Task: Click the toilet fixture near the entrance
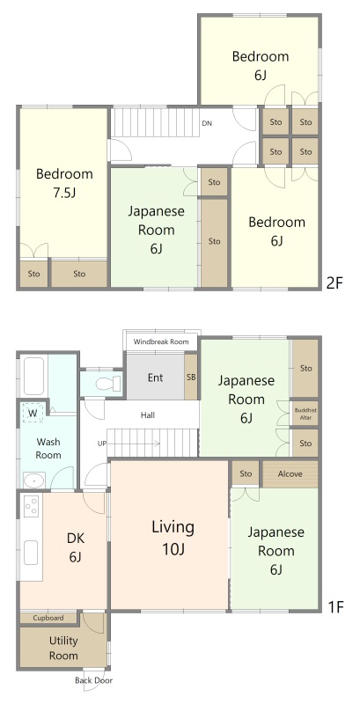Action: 108,384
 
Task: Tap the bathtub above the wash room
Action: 33,376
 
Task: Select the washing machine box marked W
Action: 33,413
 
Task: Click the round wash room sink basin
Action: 33,480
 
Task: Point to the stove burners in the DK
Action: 32,507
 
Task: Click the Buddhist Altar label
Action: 305,414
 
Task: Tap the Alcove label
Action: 290,473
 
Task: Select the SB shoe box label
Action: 191,378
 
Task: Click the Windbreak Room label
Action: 161,341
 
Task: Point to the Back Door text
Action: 94,680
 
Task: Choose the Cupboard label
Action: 48,618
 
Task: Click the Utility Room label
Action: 63,648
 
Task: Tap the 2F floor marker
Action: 334,282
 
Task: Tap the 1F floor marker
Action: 335,607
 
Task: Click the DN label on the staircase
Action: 207,123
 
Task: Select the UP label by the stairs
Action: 102,444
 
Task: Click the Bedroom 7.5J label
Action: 64,183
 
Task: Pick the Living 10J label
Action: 173,538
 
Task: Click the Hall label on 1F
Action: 147,415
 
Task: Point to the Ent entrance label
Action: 155,378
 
